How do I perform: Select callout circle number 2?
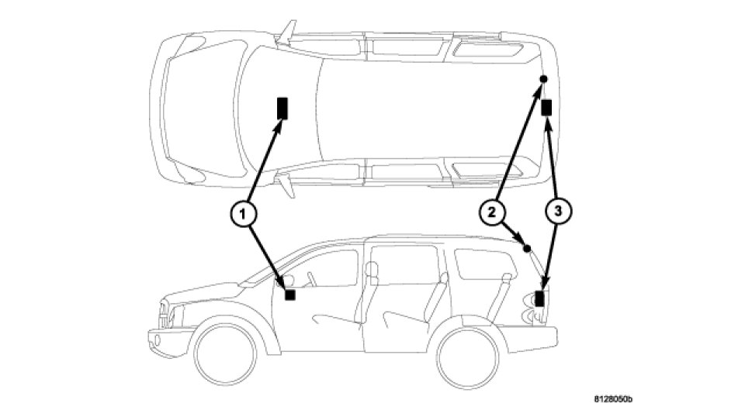490,211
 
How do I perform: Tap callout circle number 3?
556,211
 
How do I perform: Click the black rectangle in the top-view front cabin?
281,107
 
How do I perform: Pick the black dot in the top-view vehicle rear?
543,80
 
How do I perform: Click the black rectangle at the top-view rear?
547,107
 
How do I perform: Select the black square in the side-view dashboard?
290,295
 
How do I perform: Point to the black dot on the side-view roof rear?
527,249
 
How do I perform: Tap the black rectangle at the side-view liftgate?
540,296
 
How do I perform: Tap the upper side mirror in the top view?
287,31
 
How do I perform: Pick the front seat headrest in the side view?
371,269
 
